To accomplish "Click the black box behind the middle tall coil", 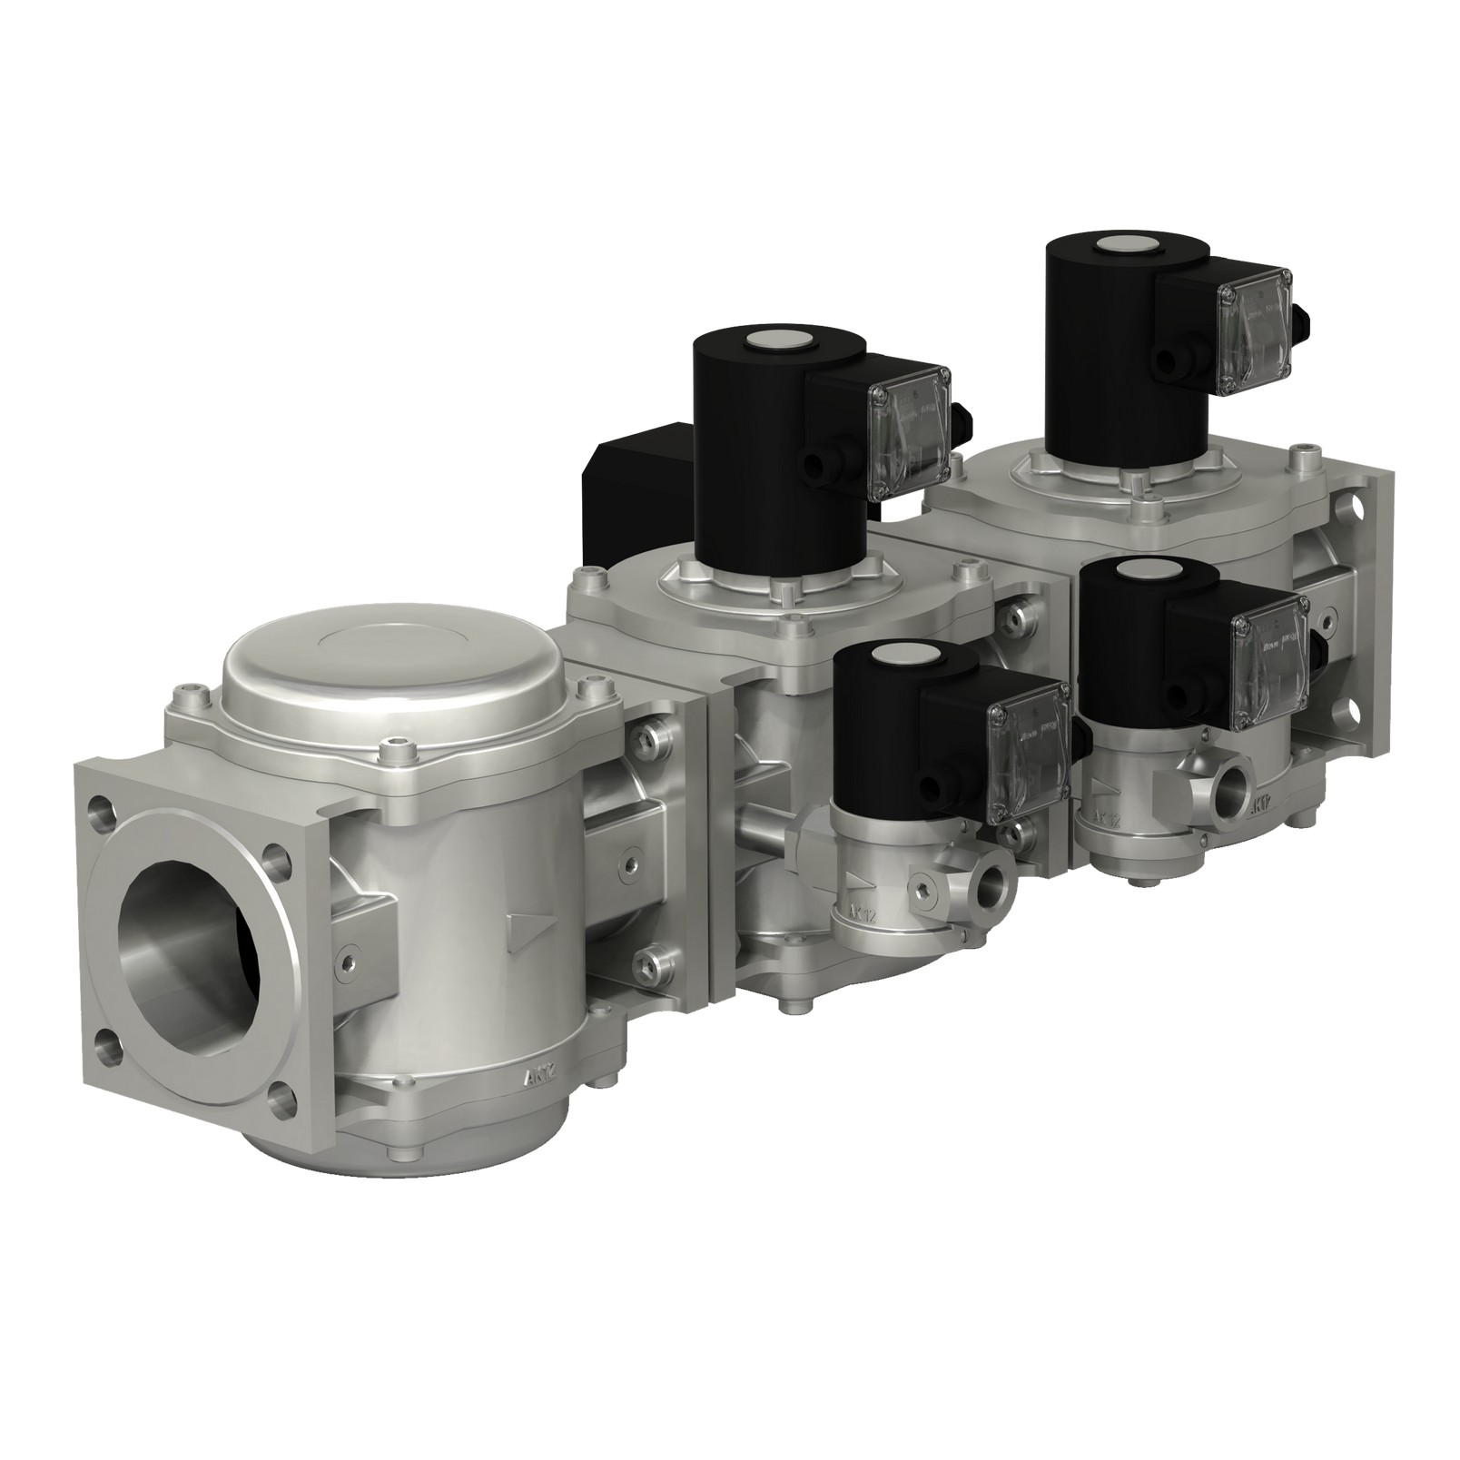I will point(636,490).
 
